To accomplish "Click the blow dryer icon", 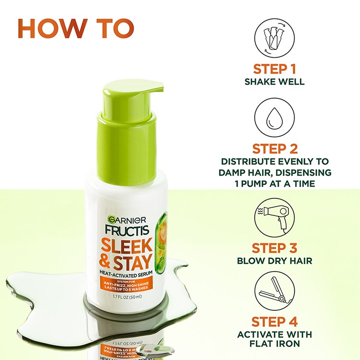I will click(x=274, y=218).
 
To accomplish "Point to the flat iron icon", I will click(x=274, y=293).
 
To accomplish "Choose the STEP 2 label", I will click(x=275, y=148).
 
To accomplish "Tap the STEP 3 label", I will click(x=275, y=248).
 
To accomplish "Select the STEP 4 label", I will click(x=275, y=321).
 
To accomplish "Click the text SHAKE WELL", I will click(x=275, y=82).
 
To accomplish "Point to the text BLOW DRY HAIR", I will click(x=275, y=261).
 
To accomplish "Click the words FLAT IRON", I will click(x=275, y=344).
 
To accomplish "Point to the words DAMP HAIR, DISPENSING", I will click(x=275, y=172).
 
